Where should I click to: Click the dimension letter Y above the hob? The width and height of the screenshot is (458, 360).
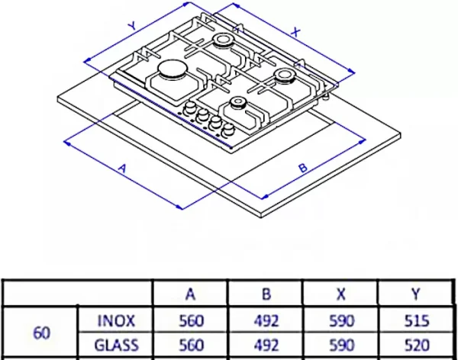point(133,26)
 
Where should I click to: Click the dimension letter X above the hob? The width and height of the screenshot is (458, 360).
point(295,32)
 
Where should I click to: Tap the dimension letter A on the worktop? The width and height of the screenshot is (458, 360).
point(123,169)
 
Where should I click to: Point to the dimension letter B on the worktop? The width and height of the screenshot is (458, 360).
point(303,168)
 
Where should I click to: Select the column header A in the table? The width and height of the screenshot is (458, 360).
point(190,294)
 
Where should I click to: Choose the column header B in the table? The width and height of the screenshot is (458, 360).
point(266,294)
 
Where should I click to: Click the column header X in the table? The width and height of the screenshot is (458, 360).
point(341,294)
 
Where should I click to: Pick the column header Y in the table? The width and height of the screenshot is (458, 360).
point(416,294)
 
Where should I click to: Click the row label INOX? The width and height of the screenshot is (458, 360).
point(116,321)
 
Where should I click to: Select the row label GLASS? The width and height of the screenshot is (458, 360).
point(116,345)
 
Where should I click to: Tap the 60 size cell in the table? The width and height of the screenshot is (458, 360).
point(41,333)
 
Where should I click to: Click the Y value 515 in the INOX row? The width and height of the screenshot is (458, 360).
point(417,321)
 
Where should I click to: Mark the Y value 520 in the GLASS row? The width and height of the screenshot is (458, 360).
point(417,345)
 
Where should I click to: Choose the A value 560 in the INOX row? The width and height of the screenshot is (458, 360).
point(191,321)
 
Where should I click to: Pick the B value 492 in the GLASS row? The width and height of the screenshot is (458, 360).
point(266,345)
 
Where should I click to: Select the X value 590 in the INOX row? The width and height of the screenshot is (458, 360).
point(342,321)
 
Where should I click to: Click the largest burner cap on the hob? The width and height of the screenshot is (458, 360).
point(173,69)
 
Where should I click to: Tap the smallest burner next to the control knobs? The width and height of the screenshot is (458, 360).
point(238,103)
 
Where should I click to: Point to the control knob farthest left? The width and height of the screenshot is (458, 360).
point(190,108)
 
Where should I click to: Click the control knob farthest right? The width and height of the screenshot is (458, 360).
point(228,130)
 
